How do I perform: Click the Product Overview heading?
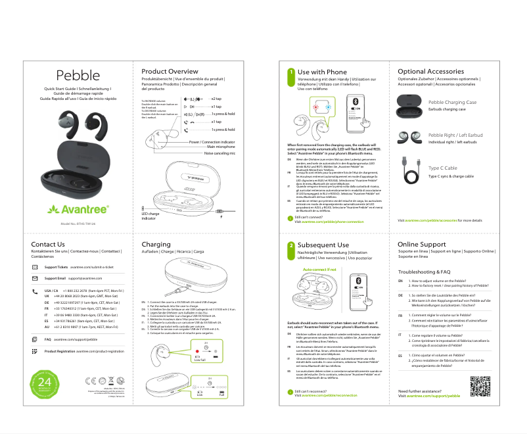click(x=170, y=71)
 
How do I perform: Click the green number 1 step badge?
click(x=291, y=72)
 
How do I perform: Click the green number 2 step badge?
click(x=291, y=245)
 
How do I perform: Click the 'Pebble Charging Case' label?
click(x=452, y=103)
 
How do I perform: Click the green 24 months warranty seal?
click(x=45, y=383)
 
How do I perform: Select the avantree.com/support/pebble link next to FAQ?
click(x=76, y=339)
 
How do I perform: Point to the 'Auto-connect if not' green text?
click(x=319, y=270)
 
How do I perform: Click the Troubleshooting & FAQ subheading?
click(x=424, y=271)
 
